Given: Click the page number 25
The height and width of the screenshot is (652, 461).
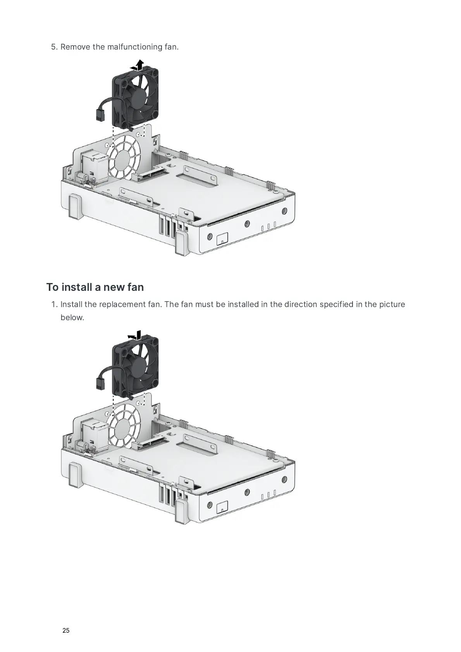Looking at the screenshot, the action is [66, 630].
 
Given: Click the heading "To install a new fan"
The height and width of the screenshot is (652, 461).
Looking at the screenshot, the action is [95, 287].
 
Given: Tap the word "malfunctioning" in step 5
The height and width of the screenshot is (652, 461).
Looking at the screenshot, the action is [131, 47].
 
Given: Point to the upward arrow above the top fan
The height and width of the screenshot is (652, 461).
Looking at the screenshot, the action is [140, 64].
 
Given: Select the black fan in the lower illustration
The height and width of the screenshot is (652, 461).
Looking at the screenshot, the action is [136, 368].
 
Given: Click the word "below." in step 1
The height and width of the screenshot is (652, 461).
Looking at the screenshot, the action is [72, 317].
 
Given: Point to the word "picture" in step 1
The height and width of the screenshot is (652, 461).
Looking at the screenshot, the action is [392, 304].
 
